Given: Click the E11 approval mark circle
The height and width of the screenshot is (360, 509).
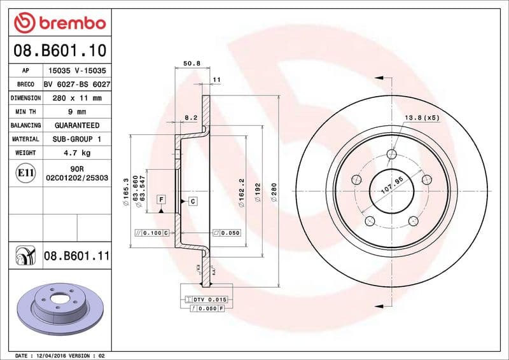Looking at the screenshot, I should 26,172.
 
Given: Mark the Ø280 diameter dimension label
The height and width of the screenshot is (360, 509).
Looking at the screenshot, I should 274,192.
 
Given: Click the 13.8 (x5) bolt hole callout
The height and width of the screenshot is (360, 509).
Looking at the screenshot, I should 422,118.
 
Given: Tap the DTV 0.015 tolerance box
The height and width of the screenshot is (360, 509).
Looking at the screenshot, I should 209,299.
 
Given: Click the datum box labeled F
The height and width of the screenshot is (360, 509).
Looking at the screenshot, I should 162,200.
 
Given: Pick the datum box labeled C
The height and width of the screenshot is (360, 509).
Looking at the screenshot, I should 191,201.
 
